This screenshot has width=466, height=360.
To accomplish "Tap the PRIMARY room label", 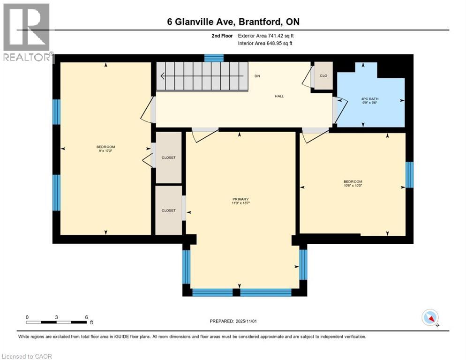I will pyautogui.click(x=240, y=201).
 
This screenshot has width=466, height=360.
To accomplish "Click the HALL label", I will pyautogui.click(x=279, y=96).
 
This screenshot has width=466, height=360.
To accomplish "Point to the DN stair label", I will pyautogui.click(x=257, y=76).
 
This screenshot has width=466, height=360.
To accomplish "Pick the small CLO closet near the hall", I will pyautogui.click(x=323, y=75).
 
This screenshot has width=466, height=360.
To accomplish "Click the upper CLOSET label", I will pyautogui.click(x=168, y=157).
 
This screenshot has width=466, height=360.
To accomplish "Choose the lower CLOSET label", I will pyautogui.click(x=168, y=210).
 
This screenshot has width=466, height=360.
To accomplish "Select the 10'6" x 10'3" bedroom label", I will pyautogui.click(x=353, y=183).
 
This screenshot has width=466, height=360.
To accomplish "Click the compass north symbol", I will pyautogui.click(x=430, y=318).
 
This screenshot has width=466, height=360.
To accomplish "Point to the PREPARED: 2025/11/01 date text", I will pyautogui.click(x=233, y=321).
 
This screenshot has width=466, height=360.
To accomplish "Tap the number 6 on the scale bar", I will pyautogui.click(x=86, y=317).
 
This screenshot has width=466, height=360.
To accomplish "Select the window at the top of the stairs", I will pyautogui.click(x=214, y=58).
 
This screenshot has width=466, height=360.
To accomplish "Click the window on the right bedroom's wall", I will pyautogui.click(x=409, y=175).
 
